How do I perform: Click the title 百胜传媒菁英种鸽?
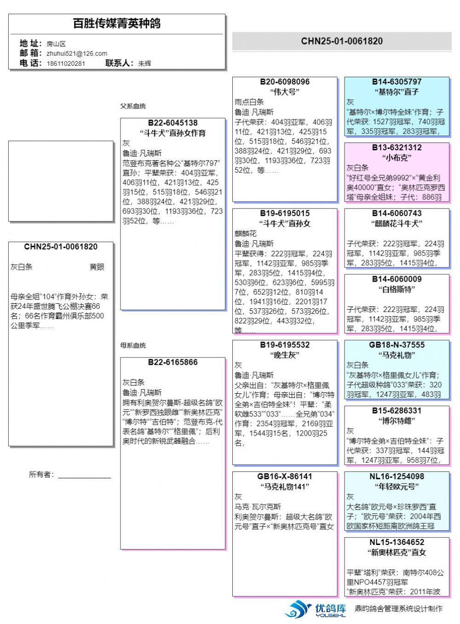(x=116, y=23)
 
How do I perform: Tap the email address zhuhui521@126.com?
(x=77, y=53)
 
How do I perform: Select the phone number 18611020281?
(x=66, y=63)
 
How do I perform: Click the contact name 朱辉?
(x=144, y=63)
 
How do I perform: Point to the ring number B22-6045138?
(x=172, y=123)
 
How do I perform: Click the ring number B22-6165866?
(x=172, y=362)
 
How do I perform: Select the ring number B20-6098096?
(x=285, y=82)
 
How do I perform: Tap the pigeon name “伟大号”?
(x=285, y=92)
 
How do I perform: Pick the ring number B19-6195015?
(x=285, y=213)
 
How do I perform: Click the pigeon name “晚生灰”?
(x=285, y=355)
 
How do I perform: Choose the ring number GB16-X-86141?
(x=285, y=477)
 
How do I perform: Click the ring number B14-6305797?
(x=397, y=82)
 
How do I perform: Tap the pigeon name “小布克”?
(x=397, y=158)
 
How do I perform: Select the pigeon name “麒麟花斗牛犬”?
(x=397, y=223)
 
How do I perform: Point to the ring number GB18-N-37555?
(x=397, y=345)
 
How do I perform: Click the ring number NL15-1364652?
(x=397, y=542)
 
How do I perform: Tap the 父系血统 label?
(x=133, y=106)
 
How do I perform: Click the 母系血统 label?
(x=133, y=346)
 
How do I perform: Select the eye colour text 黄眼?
(x=97, y=267)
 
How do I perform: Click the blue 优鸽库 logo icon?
(x=298, y=609)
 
